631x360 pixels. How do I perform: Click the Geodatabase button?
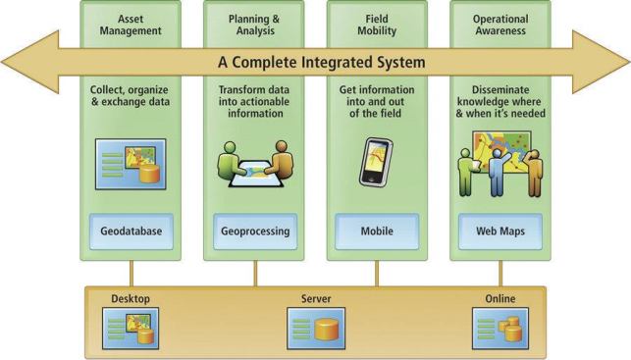pos(131,232)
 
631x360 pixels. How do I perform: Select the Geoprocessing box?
pos(254,232)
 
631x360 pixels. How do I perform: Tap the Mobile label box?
pos(377,232)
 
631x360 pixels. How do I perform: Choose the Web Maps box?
pos(500,232)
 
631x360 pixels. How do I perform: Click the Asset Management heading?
pos(131,24)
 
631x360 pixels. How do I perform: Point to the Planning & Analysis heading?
pos(254,24)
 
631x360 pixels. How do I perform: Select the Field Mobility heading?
pos(378,24)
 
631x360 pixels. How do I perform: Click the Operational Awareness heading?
pos(500,24)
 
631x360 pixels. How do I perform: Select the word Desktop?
pos(131,298)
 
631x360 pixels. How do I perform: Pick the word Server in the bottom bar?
pos(316,298)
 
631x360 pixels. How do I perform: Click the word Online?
pos(499,298)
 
